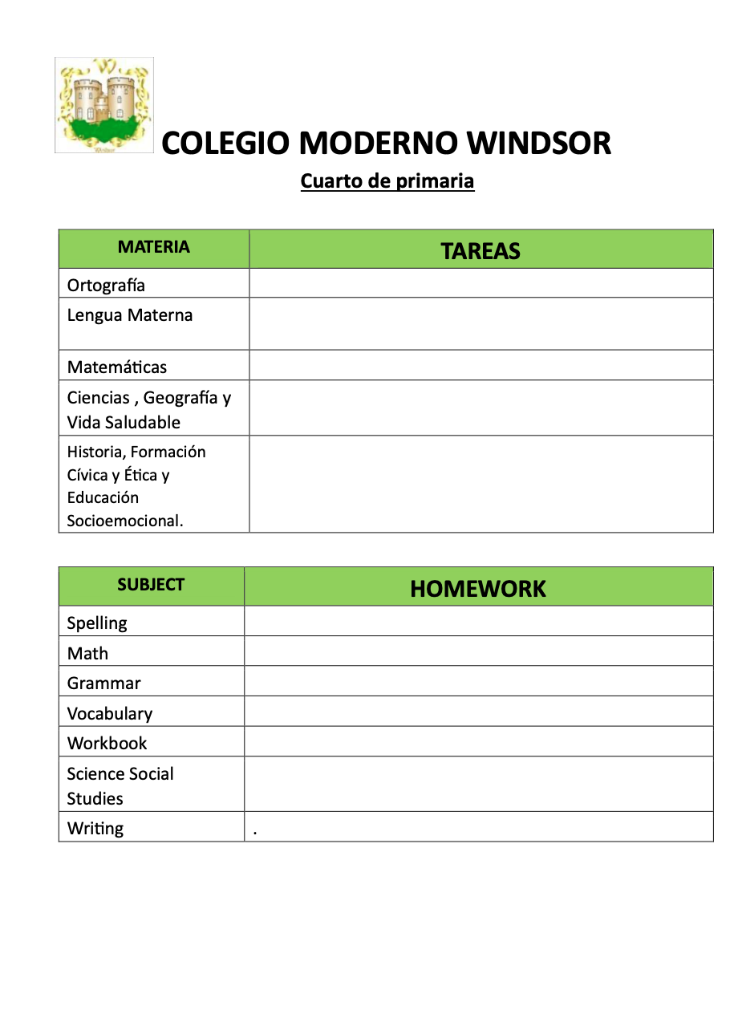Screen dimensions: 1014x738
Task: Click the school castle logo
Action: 104,105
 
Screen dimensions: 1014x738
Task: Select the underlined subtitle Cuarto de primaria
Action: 387,181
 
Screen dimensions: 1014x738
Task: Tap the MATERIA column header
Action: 154,248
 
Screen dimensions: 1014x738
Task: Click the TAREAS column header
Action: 481,251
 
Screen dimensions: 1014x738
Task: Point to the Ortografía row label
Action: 106,286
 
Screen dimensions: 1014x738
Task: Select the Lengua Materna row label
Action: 130,315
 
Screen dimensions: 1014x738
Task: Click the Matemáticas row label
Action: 117,367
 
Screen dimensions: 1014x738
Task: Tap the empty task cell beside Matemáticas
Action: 481,366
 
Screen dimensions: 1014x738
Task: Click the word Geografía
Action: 180,398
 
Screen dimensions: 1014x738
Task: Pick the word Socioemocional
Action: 125,521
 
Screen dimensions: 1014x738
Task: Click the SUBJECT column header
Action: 151,586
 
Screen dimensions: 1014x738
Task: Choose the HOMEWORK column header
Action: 478,589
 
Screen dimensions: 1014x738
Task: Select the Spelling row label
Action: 97,623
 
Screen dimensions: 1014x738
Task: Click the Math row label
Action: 87,654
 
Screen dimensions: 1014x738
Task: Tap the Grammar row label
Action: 103,683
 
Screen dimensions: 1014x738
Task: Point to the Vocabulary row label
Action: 109,714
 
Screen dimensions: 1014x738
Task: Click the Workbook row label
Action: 107,744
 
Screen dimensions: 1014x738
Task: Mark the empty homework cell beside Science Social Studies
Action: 478,785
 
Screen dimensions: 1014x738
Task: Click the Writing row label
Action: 95,829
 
